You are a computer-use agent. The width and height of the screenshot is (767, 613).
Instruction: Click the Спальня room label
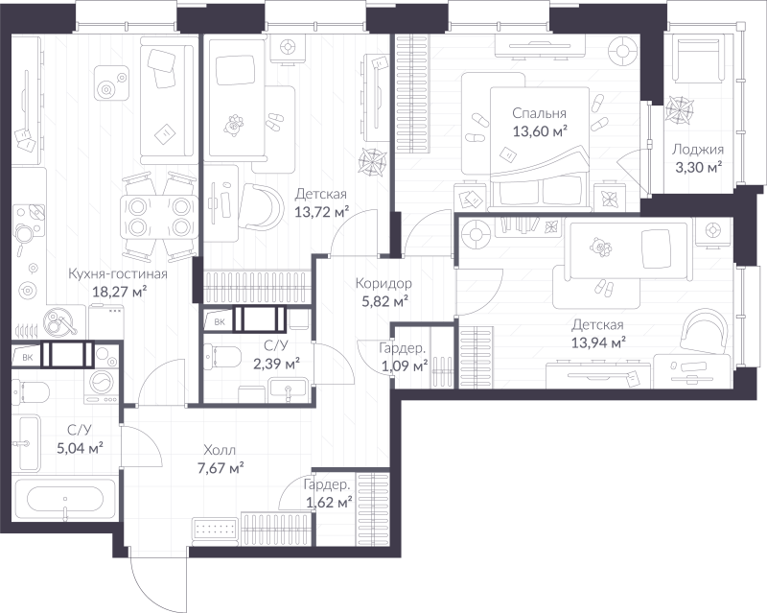click(539, 113)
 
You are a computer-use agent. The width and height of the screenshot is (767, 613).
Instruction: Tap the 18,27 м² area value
click(120, 293)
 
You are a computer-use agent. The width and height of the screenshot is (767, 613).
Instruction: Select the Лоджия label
click(698, 150)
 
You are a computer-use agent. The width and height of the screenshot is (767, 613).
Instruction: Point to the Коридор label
click(383, 283)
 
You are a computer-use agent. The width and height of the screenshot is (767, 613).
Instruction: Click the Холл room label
click(220, 450)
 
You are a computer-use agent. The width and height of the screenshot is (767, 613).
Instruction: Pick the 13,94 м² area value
click(598, 342)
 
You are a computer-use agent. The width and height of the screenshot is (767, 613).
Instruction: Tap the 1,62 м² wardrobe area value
click(329, 503)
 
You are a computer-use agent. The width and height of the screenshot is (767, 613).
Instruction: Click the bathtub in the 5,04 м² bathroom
click(64, 500)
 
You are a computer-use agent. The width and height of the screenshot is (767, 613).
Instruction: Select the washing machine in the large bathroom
click(102, 386)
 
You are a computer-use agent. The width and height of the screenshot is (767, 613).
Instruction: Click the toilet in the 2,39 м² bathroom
click(221, 356)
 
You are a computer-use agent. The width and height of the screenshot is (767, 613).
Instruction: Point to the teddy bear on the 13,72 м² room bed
click(234, 125)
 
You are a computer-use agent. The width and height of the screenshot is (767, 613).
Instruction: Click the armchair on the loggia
click(699, 59)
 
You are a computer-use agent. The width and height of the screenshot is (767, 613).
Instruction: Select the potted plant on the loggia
click(679, 107)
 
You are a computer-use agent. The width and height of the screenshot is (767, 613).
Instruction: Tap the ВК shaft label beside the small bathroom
click(220, 321)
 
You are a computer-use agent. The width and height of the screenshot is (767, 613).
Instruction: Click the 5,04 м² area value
click(80, 448)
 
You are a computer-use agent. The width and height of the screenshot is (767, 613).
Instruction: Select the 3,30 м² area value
click(699, 168)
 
